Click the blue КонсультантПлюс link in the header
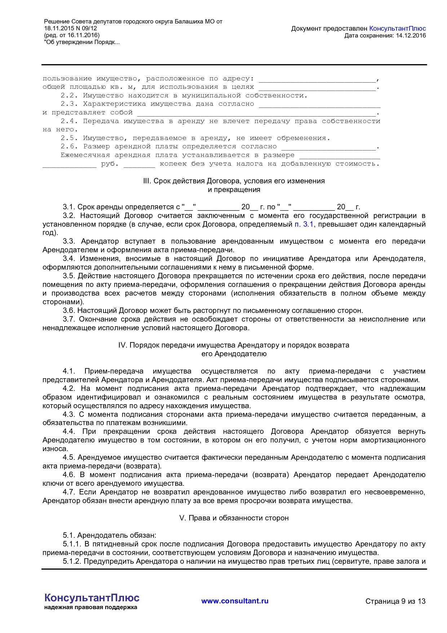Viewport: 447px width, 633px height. (398, 29)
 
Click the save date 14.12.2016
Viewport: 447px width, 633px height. (411, 35)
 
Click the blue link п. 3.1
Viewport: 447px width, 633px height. (304, 224)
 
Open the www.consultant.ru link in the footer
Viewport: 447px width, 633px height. (235, 601)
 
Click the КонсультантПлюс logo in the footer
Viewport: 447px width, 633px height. (92, 598)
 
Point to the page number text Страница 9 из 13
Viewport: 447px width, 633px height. (395, 601)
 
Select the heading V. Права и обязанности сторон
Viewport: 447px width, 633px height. (234, 518)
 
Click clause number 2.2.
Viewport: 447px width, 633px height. (69, 96)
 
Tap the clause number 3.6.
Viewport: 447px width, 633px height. (68, 310)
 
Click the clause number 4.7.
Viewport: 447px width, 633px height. (68, 492)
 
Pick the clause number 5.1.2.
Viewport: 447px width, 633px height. (72, 561)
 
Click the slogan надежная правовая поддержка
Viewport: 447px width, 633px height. (91, 607)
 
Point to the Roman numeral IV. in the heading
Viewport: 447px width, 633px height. (123, 345)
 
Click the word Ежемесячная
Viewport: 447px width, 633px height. (85, 155)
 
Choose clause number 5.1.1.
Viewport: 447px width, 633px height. (72, 544)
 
